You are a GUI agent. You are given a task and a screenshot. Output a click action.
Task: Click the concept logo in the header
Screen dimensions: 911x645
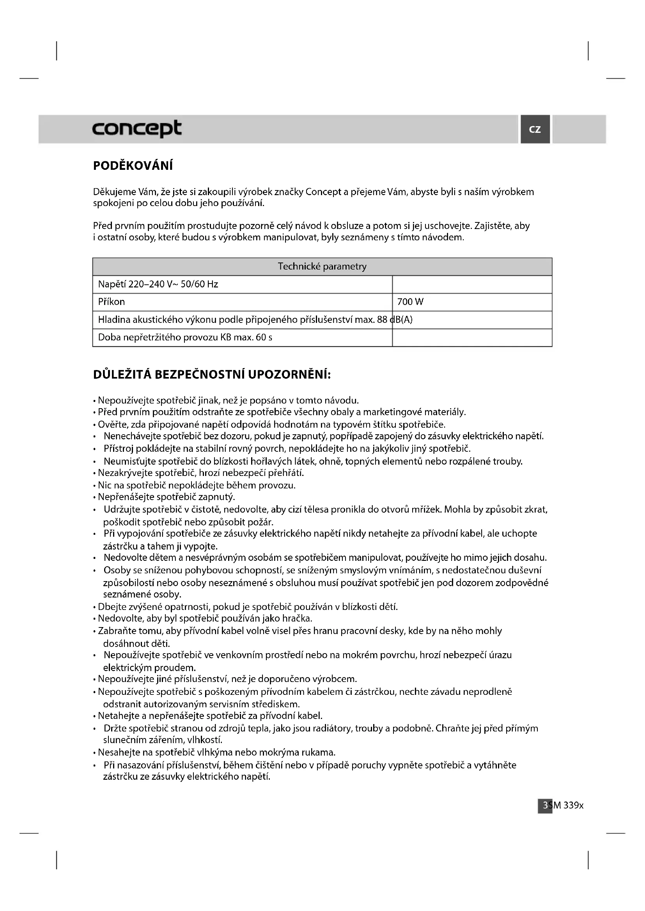pos(136,129)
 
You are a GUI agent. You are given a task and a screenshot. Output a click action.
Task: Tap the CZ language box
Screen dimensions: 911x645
pos(535,129)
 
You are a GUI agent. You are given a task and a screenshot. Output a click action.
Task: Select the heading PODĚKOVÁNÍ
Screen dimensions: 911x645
pos(133,166)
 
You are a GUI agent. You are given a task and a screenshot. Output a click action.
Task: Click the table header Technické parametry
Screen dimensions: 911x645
pos(322,266)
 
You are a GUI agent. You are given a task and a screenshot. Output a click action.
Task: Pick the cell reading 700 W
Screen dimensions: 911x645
pos(410,302)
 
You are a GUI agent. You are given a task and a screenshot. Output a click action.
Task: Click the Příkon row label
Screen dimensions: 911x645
pos(111,302)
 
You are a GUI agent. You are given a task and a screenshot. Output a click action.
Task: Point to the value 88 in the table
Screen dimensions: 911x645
pos(382,320)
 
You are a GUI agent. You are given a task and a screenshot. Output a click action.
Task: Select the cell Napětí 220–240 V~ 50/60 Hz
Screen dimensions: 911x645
pos(158,284)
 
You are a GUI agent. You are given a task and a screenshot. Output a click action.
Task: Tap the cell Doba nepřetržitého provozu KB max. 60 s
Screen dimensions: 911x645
pos(185,338)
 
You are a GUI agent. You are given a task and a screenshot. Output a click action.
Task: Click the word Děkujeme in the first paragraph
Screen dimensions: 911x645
pos(114,192)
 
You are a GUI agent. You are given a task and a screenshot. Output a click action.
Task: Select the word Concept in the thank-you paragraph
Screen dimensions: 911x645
pos(323,192)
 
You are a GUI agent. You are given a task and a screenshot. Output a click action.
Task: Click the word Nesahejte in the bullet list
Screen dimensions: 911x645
pos(117,752)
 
